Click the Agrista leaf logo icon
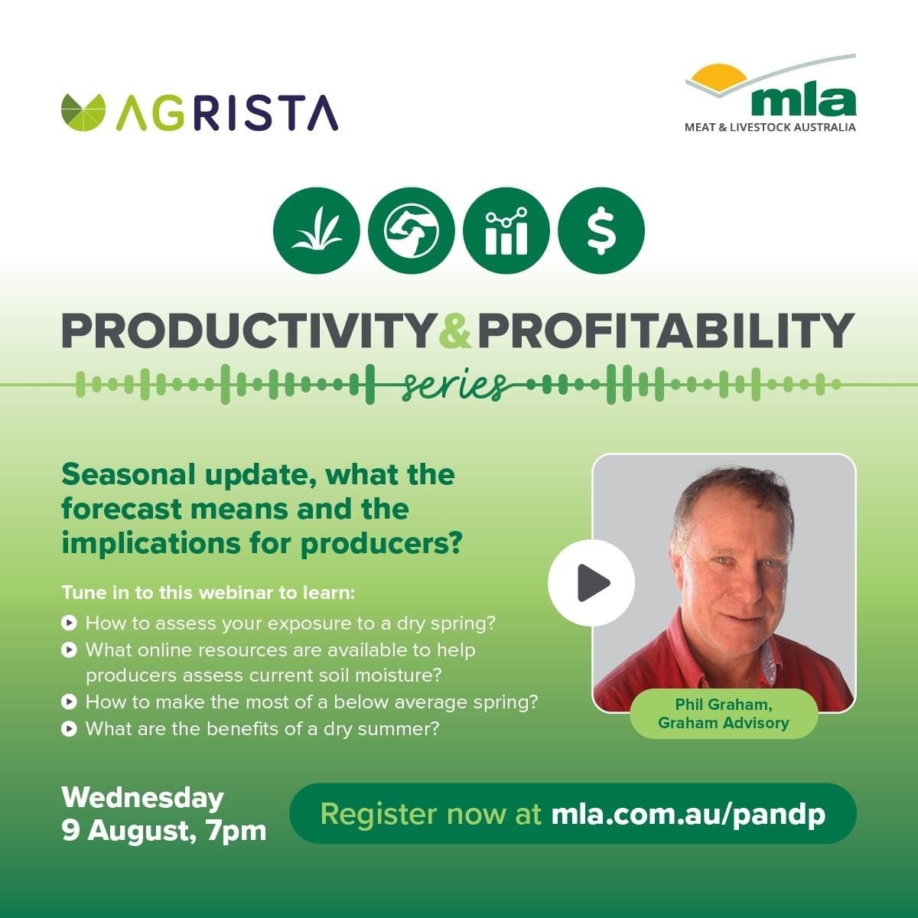83,112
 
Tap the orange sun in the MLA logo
719,77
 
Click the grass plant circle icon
317,230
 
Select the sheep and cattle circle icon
411,230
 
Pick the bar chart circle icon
506,230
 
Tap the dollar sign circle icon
601,230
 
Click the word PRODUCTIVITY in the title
247,330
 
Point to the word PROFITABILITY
666,330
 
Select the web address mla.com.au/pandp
688,814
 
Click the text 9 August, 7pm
164,832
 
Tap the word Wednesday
142,799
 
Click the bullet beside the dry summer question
69,729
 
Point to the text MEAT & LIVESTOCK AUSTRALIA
770,127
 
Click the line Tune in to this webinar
208,593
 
